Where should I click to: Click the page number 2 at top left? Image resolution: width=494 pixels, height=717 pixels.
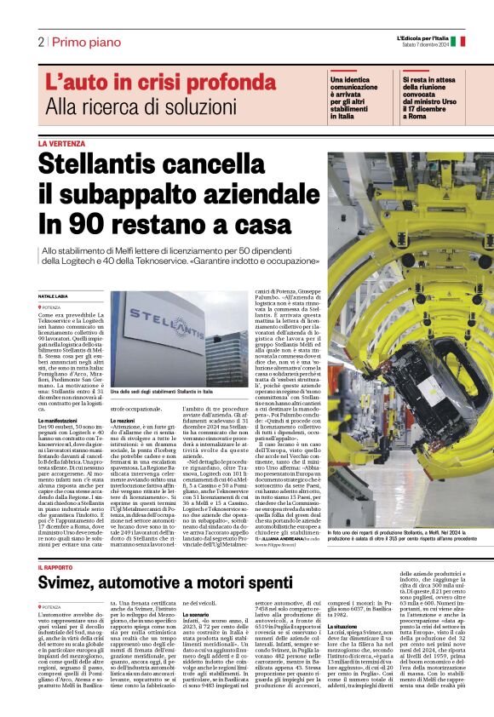click(40, 42)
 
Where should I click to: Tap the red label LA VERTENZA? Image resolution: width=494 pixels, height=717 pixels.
click(62, 144)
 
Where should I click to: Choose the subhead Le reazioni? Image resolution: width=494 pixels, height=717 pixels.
click(123, 421)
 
